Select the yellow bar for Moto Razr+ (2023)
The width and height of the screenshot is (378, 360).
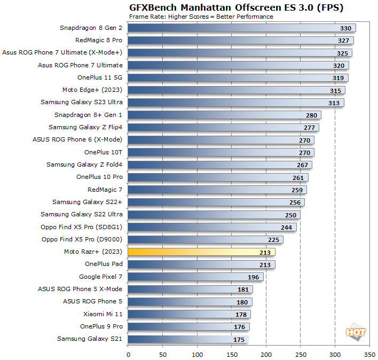coord(201,252)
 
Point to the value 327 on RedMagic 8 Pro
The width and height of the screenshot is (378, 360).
coord(343,41)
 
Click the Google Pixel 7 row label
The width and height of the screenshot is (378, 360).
coord(100,277)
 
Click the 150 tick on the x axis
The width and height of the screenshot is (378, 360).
coord(232,354)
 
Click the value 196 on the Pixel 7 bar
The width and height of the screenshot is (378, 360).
coord(253,277)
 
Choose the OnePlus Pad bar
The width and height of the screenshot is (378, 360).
coord(201,264)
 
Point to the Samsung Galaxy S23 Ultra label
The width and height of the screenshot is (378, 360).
coord(81,102)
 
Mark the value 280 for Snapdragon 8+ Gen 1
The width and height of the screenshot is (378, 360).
coord(311,115)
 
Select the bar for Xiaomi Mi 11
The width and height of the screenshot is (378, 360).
coord(189,314)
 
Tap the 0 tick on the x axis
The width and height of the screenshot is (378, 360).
coord(128,354)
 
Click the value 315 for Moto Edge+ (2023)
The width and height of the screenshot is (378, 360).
coord(335,90)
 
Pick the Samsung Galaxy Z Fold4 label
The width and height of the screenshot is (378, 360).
coord(84,165)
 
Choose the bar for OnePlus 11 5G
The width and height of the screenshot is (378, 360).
coord(238,78)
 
